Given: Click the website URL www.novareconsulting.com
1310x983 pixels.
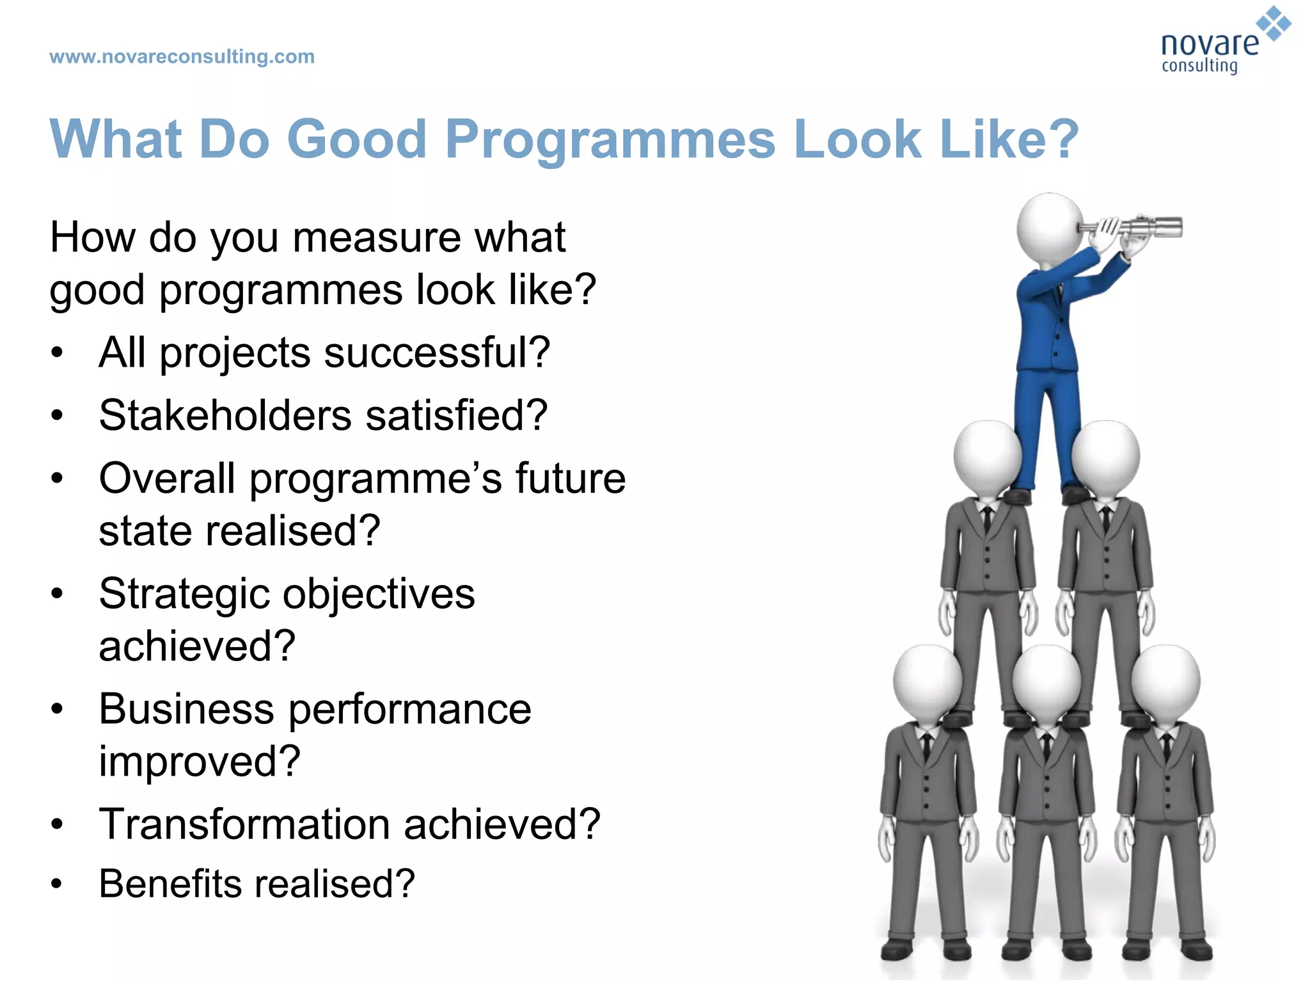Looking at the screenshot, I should tap(182, 57).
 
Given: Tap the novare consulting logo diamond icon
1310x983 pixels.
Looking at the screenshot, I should tap(1274, 24).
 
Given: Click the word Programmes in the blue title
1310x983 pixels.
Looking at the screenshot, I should tap(610, 139).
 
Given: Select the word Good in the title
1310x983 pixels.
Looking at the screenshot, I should tap(356, 139).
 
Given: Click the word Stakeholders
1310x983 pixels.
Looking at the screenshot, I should tap(225, 415).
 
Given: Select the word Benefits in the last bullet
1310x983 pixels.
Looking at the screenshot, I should tap(170, 884).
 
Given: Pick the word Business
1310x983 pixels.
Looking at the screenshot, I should tap(186, 709).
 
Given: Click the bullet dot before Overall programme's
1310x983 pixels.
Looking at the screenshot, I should tap(58, 478).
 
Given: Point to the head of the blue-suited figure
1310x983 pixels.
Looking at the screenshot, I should tap(1049, 227).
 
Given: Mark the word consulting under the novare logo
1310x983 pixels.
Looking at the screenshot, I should tap(1199, 66).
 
